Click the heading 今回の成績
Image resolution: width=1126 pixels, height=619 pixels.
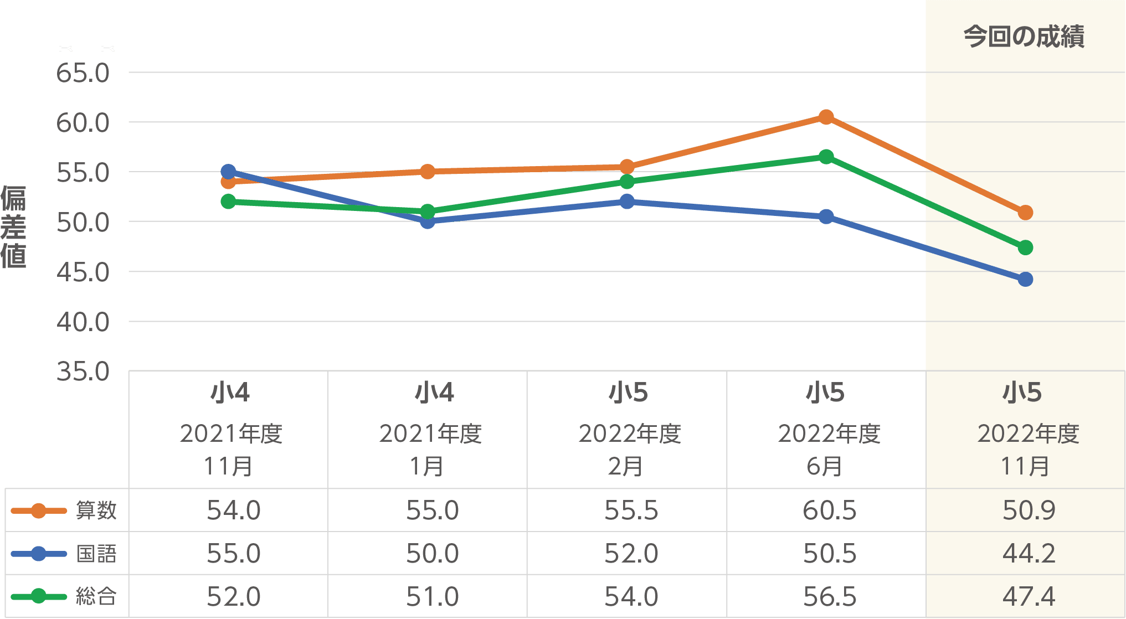click(x=1024, y=37)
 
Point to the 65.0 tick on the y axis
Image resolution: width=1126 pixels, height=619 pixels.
click(x=83, y=73)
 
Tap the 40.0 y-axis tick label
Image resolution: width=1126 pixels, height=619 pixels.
click(x=83, y=322)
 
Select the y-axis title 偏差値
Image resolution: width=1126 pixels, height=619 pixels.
click(x=13, y=227)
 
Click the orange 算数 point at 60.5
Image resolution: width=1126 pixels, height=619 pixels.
click(x=826, y=117)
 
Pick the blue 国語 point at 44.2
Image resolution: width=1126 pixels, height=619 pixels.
click(x=1025, y=279)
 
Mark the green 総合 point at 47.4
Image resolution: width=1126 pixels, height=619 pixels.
click(x=1025, y=247)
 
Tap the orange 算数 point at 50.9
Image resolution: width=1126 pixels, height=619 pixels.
click(x=1025, y=213)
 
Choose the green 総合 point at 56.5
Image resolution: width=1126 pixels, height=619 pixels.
click(x=826, y=157)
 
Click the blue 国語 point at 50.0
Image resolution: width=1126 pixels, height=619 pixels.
click(x=427, y=221)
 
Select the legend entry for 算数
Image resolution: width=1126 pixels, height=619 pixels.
click(x=64, y=510)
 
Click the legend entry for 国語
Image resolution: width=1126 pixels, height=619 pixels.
click(x=64, y=553)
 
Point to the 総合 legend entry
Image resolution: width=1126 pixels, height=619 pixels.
click(x=64, y=596)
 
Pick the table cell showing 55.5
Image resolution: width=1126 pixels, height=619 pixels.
click(x=631, y=510)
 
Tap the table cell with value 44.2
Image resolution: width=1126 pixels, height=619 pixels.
click(x=1029, y=553)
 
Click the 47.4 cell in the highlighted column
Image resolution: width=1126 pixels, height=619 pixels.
click(x=1029, y=596)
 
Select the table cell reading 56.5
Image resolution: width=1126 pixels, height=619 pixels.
click(x=830, y=596)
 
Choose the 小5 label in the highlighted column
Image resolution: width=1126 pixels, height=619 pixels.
click(x=1022, y=393)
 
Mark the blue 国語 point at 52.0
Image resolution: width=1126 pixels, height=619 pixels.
click(x=626, y=202)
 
